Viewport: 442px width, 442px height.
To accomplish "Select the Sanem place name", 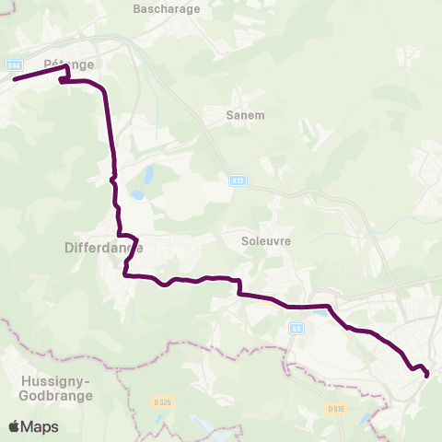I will [x=245, y=115].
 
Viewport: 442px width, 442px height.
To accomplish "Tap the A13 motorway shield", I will [x=237, y=181].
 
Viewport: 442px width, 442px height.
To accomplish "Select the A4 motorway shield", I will [x=296, y=328].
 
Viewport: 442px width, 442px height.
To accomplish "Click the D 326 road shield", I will [x=162, y=402].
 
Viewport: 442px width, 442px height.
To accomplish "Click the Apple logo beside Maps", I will [x=15, y=426].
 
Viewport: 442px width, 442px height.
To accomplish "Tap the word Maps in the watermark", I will [x=40, y=426].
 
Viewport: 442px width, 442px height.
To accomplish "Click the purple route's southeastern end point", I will [x=426, y=374].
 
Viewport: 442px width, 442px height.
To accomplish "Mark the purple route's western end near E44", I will [x=15, y=79].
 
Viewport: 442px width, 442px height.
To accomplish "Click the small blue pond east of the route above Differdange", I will [x=136, y=195].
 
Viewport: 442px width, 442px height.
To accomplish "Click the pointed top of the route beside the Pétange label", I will [x=66, y=67].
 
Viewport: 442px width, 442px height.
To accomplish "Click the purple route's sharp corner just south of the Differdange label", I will [x=125, y=273].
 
